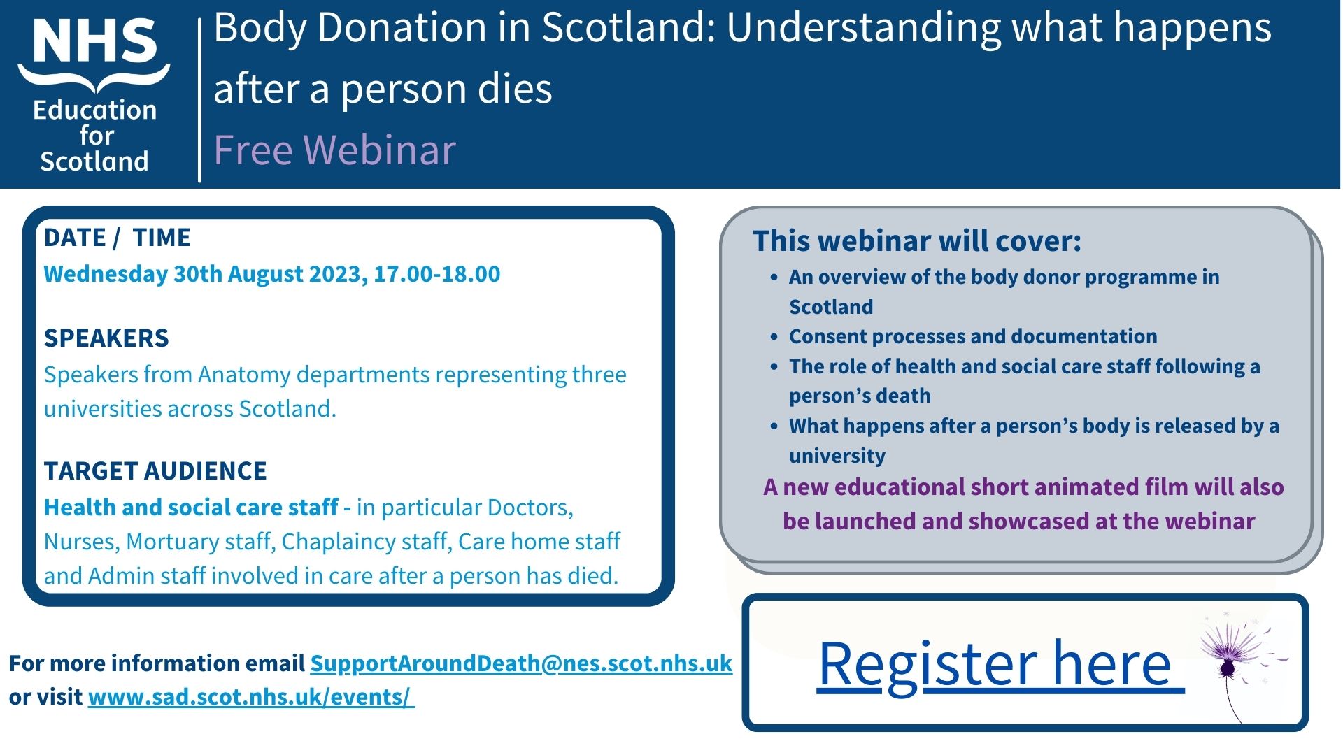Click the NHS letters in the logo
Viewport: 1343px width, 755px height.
[x=95, y=41]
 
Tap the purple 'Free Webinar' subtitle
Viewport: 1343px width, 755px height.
[x=334, y=150]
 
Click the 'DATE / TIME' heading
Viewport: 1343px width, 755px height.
[x=117, y=238]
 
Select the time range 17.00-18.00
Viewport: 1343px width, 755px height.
[x=437, y=273]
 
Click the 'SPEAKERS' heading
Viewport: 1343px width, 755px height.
[x=106, y=338]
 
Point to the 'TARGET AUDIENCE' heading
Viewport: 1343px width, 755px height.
[x=155, y=471]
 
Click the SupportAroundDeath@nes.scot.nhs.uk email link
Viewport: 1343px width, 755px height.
[x=521, y=663]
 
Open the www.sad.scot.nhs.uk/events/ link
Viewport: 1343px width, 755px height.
[x=251, y=697]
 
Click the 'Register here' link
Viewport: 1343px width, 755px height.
[x=1000, y=664]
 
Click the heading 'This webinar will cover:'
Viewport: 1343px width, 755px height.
[x=917, y=241]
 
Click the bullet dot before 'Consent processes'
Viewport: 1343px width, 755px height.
[x=774, y=337]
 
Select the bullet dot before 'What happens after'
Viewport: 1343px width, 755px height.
[x=774, y=426]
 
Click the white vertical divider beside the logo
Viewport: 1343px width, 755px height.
[x=200, y=100]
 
